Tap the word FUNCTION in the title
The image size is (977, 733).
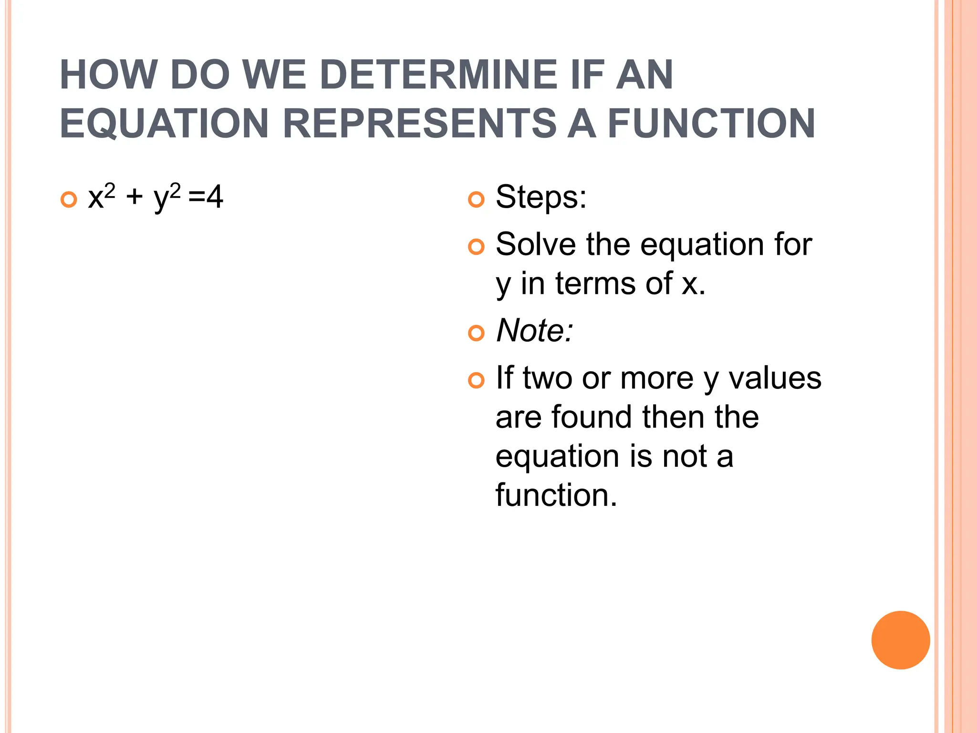coord(711,124)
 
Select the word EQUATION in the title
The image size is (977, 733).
coord(164,124)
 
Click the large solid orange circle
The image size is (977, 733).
coord(900,640)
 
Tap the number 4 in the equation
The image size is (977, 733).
coord(214,197)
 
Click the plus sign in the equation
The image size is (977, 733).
coord(135,197)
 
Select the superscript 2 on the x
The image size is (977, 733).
coord(110,191)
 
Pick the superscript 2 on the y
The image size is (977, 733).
coord(175,191)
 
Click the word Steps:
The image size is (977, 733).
coord(540,197)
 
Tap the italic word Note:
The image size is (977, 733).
coord(534,330)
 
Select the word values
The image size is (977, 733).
coord(775,378)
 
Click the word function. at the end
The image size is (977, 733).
coord(556,495)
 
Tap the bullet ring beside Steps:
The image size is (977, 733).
coord(476,199)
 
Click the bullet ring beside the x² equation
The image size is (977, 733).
coord(69,199)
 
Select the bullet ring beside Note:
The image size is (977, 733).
coord(476,333)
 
